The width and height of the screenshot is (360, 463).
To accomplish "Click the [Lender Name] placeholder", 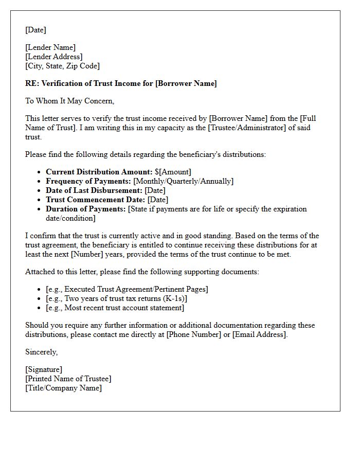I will tap(50, 48).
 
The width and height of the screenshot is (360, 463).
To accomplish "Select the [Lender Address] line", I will tap(54, 57).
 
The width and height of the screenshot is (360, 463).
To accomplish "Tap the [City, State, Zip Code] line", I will tap(63, 66).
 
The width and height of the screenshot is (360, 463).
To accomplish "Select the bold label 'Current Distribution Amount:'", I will tap(99, 172).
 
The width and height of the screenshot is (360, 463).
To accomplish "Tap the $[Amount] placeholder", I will tap(173, 172).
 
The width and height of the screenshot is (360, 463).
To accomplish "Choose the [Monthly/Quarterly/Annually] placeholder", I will tap(183, 181).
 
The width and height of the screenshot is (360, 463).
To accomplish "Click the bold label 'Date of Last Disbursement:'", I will tap(94, 190).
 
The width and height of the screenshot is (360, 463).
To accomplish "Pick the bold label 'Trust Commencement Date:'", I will tap(95, 200).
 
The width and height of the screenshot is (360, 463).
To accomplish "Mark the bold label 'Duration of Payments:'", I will tap(86, 209).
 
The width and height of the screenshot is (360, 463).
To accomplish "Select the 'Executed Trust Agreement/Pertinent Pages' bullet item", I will tap(127, 289).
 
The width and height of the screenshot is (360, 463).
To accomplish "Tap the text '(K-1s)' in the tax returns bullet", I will tap(174, 298).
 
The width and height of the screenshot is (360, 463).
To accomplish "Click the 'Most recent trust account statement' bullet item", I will tap(115, 308).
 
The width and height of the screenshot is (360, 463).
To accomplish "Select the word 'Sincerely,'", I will tap(42, 352).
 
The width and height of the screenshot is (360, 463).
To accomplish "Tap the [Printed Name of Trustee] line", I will tap(68, 379).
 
